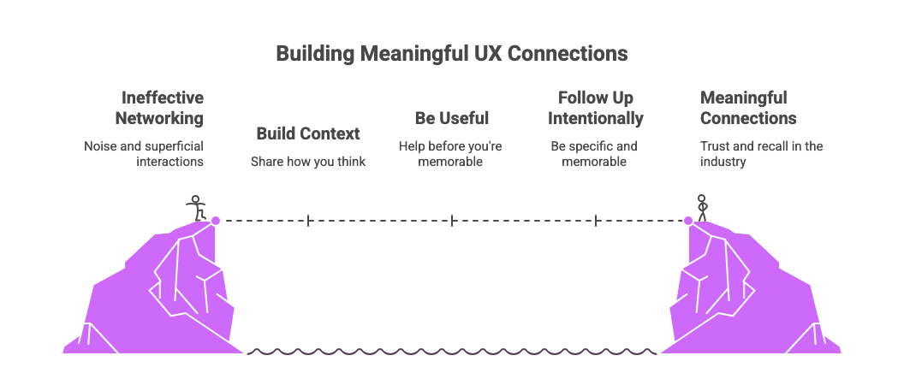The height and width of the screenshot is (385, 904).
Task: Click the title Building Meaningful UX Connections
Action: pos(451,54)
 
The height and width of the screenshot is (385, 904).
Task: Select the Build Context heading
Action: pos(308,133)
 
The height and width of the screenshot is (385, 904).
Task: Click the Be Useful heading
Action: pos(451,117)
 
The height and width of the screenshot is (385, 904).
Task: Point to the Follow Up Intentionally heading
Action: pos(595,108)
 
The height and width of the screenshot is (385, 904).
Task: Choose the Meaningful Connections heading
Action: pos(748,108)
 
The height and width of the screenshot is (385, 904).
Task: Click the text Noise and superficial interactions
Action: pos(144,153)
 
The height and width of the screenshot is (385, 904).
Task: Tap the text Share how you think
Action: pos(308,161)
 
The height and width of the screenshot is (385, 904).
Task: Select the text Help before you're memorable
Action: pos(450,153)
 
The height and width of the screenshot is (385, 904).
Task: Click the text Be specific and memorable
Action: pos(594,153)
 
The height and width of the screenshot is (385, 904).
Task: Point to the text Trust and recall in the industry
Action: pos(761,153)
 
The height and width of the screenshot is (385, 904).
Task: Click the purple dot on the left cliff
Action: pos(216,221)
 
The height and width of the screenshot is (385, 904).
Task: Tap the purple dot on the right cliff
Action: pos(687,221)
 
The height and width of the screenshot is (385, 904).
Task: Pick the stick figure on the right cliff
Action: pos(703,208)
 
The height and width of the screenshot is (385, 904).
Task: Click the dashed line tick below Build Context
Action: pos(308,221)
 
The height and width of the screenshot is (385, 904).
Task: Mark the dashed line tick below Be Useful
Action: pos(452,221)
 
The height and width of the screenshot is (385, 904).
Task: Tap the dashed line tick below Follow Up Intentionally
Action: pos(596,221)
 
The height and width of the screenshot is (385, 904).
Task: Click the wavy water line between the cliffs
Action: pos(452,351)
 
